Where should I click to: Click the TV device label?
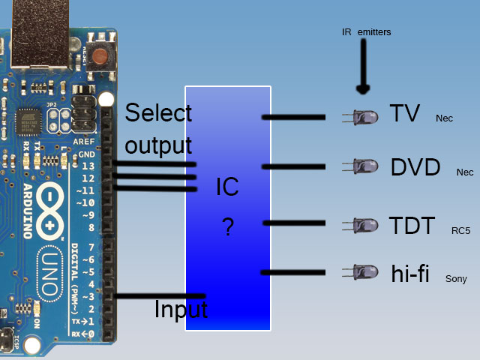tap(405, 114)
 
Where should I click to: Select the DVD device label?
tap(415, 168)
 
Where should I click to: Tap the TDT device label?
tap(412, 226)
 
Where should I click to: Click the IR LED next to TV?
tap(362, 116)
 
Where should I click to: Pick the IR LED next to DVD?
tap(362, 166)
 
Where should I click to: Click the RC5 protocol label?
tap(460, 231)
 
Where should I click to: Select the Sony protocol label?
tap(456, 279)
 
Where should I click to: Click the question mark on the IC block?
tap(228, 228)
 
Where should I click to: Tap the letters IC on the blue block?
tap(227, 187)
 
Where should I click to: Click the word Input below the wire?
tap(181, 309)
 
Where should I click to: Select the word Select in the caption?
tap(158, 113)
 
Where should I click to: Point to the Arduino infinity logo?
tap(51, 209)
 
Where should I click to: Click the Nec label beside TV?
tap(444, 118)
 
